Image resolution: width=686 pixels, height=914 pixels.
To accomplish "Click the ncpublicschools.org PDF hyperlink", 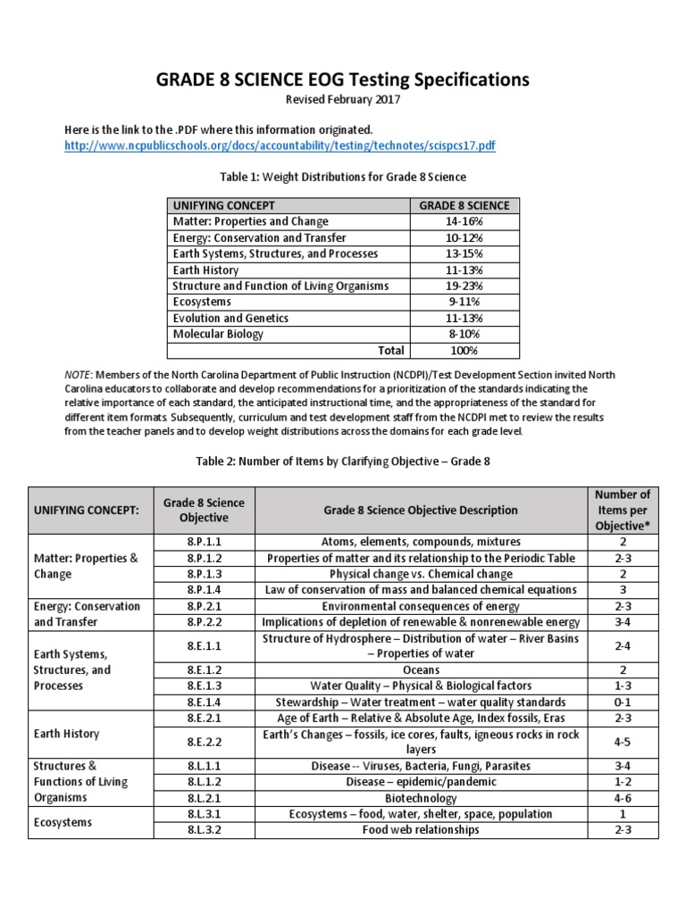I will point(281,145).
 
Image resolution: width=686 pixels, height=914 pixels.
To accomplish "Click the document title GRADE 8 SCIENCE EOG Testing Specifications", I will point(342,79).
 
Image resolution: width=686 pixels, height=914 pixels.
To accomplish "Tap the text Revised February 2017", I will point(342,100).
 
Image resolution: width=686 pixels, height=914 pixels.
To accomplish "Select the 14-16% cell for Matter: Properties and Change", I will point(464,221).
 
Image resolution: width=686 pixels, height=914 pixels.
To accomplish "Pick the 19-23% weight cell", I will point(464,286).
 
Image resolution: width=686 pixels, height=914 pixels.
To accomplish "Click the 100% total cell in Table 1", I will point(464,350).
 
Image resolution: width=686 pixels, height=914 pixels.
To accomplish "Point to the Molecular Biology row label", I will point(218,334).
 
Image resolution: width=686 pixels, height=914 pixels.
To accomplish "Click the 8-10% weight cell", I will point(464,334).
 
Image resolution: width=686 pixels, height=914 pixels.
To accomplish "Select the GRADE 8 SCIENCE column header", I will point(464,205).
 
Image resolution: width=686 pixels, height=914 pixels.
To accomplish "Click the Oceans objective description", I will point(420,669).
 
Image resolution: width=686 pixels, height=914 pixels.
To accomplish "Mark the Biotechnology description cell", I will point(420,798).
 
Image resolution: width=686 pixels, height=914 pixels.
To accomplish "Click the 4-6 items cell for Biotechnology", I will point(622,798).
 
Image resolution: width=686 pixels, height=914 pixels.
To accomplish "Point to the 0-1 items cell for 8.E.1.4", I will point(622,702).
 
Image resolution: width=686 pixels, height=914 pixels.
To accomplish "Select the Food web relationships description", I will point(420,830).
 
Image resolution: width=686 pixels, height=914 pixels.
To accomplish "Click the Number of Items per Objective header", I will point(622,510).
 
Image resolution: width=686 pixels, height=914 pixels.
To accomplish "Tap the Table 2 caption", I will point(342,462).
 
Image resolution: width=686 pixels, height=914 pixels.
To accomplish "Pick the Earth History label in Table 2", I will point(66,734).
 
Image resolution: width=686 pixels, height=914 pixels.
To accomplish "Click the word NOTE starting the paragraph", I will point(78,375).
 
